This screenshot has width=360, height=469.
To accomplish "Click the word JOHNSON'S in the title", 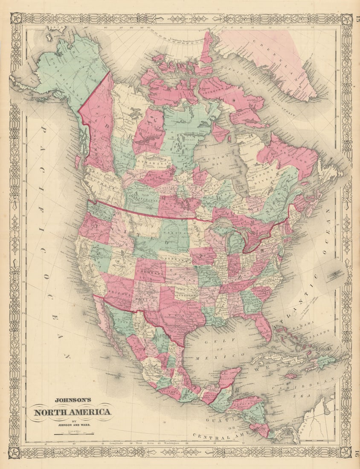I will tap(72, 400).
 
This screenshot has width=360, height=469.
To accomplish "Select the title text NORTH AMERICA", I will tap(73, 412).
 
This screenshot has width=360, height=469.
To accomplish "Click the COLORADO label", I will tap(151, 272).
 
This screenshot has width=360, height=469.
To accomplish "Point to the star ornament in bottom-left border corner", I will tap(15, 452).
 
